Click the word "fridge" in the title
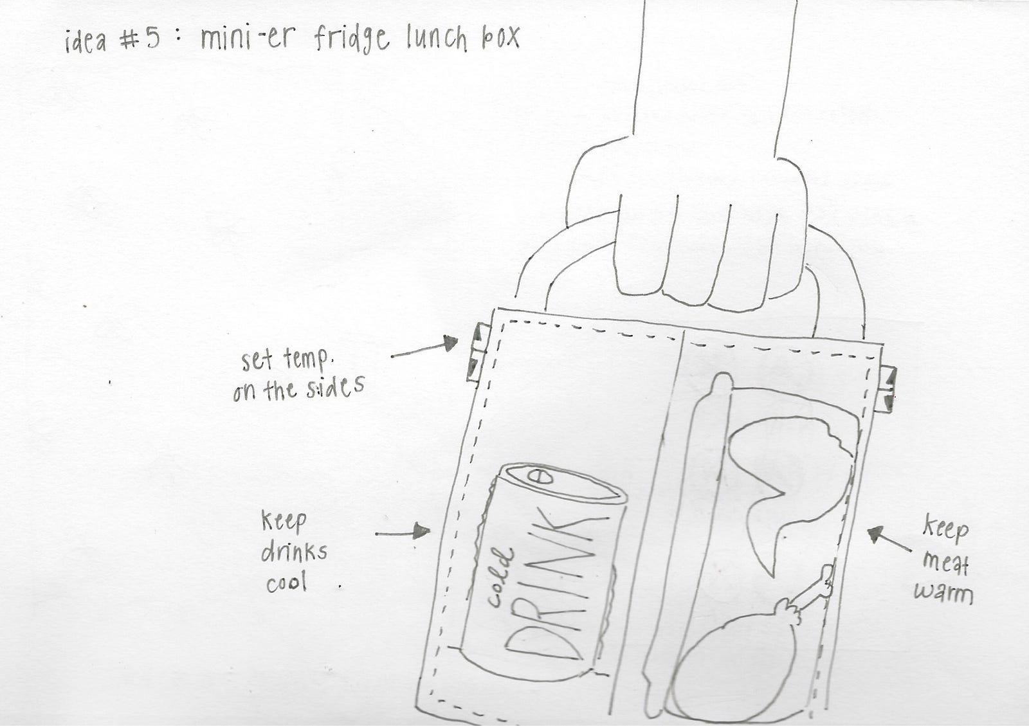click(x=352, y=39)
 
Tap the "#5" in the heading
click(x=140, y=39)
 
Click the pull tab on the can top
click(x=540, y=476)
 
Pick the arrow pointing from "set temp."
click(x=424, y=347)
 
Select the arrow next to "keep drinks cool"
click(x=403, y=532)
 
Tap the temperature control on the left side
click(x=478, y=352)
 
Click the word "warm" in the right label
click(x=943, y=594)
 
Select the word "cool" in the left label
click(x=286, y=583)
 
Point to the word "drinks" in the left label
click(x=294, y=551)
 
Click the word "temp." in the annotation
click(x=306, y=361)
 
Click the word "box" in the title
click(x=500, y=37)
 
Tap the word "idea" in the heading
click(x=86, y=41)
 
